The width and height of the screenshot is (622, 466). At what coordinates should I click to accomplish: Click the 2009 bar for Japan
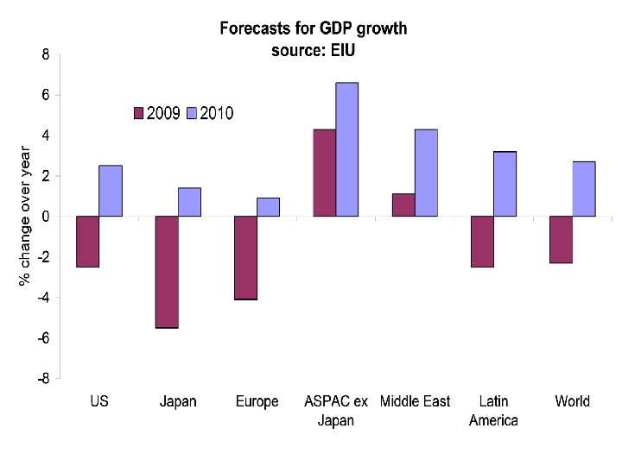167,272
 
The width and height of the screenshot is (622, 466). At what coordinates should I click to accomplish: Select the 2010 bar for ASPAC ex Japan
347,149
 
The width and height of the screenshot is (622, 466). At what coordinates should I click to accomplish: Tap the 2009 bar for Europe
245,257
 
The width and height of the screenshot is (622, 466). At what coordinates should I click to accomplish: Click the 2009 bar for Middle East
403,205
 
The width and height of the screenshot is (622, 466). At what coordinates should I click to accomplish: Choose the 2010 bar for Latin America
505,184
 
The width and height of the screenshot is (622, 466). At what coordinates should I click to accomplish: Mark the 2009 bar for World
561,239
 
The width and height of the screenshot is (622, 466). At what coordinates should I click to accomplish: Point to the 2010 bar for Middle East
426,173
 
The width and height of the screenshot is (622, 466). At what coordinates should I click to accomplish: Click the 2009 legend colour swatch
138,113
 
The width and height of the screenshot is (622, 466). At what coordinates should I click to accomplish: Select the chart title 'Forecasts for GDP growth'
313,28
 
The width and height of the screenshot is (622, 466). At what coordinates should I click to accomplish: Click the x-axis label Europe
257,401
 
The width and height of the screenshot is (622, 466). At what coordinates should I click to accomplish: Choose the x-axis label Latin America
493,411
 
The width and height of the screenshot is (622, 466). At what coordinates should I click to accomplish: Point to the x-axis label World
572,401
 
